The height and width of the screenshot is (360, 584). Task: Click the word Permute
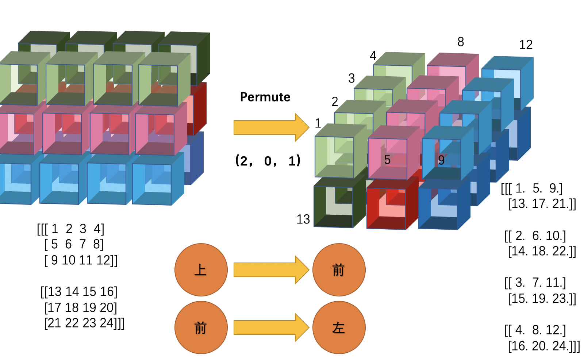point(265,97)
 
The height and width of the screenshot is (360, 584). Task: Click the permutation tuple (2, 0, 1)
point(268,161)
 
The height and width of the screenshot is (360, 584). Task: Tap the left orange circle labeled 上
point(201,270)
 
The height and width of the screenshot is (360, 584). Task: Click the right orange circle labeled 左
point(339,328)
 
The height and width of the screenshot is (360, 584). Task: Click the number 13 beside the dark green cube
point(303,219)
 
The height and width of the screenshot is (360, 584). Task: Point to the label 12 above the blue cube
point(526,45)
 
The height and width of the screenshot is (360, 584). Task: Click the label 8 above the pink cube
point(461,42)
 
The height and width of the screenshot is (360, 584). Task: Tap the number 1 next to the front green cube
point(318,123)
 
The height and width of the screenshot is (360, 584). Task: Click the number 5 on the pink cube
point(387,160)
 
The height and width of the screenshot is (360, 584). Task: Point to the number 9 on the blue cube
point(441,160)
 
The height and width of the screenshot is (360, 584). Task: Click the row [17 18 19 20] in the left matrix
point(81,307)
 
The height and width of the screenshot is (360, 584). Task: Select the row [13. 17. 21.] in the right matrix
point(542,204)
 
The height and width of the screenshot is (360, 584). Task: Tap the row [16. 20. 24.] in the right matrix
point(543,346)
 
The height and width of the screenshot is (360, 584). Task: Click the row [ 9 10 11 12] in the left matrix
point(81,260)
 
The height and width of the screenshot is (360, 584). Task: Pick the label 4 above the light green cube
point(373,55)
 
